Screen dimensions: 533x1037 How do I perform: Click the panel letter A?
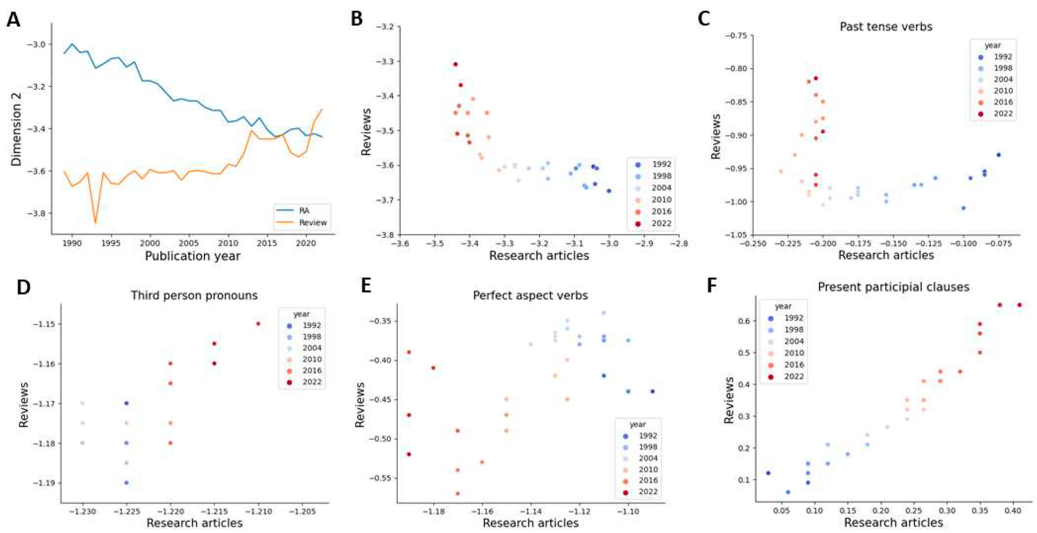point(13,19)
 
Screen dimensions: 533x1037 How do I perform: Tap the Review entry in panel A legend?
point(313,222)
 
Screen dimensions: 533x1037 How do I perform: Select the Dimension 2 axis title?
point(16,129)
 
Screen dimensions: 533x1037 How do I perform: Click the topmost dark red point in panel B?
point(455,64)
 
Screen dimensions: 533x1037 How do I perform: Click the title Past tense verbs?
point(886,27)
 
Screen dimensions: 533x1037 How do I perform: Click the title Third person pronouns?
point(194,295)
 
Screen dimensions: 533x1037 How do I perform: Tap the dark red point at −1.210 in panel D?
point(258,324)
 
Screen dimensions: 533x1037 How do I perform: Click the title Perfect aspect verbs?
point(530,295)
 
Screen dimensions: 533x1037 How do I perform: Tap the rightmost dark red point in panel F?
point(1019,305)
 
